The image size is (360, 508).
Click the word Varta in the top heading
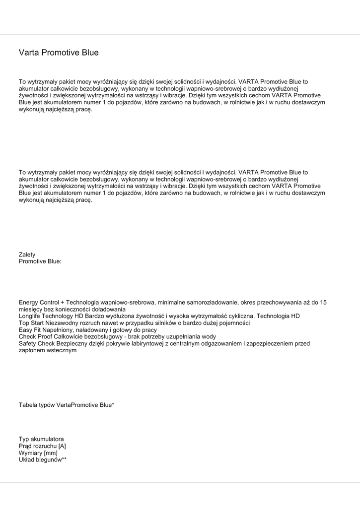pos(29,53)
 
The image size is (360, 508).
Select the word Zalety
pos(27,254)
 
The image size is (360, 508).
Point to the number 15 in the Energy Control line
pos(323,302)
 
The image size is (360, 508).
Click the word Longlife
pos(31,316)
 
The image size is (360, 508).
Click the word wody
pos(210,337)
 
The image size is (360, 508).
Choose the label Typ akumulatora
pos(41,440)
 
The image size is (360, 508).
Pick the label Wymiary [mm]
pos(38,453)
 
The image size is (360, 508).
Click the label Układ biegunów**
pos(43,460)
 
